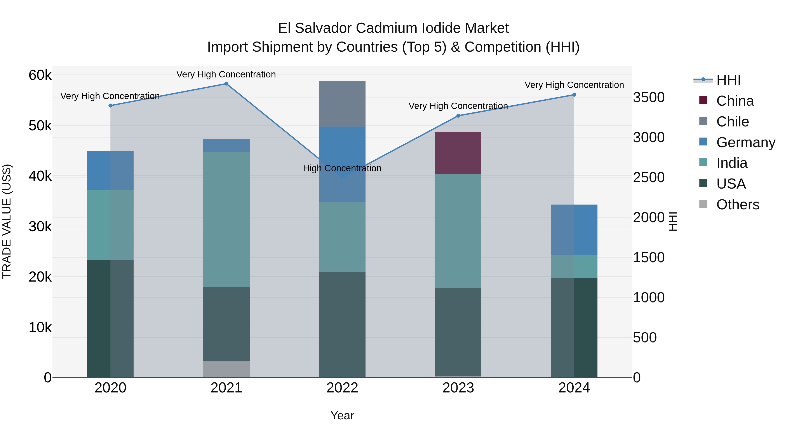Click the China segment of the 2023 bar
(x=458, y=153)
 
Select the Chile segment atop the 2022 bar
(x=342, y=104)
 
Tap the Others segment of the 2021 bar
(x=226, y=369)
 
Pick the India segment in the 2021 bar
(x=226, y=219)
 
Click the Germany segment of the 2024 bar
(x=574, y=230)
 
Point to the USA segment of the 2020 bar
(x=110, y=318)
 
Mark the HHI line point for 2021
(x=226, y=84)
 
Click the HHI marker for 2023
(x=458, y=116)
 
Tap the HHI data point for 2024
(x=574, y=95)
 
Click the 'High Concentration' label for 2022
(x=342, y=168)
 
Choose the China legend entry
(x=735, y=101)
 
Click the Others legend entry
(x=738, y=205)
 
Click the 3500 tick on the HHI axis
(x=649, y=98)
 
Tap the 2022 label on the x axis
(x=342, y=388)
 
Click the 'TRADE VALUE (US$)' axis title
(x=7, y=221)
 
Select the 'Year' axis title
(x=342, y=415)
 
